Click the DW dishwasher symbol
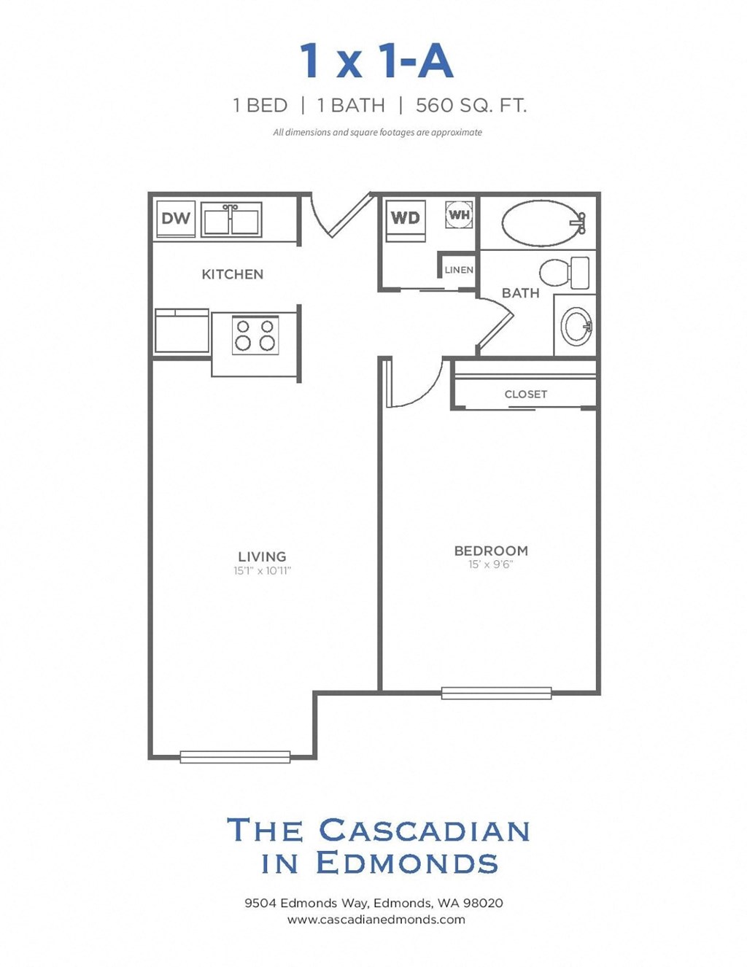(176, 218)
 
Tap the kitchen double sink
(231, 220)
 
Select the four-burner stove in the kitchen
(255, 335)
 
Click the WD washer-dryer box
(405, 218)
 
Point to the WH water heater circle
(459, 215)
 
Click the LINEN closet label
(459, 270)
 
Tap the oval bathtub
(542, 223)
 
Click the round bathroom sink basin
(577, 326)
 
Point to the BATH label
(520, 293)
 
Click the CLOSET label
(525, 395)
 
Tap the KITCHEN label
(232, 274)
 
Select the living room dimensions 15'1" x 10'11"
(262, 571)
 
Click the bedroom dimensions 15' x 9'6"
(490, 564)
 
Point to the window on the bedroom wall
(496, 693)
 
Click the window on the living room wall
(235, 757)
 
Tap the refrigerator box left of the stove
(182, 332)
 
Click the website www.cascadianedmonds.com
(376, 920)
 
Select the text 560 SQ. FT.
(471, 106)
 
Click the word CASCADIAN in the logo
(425, 831)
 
